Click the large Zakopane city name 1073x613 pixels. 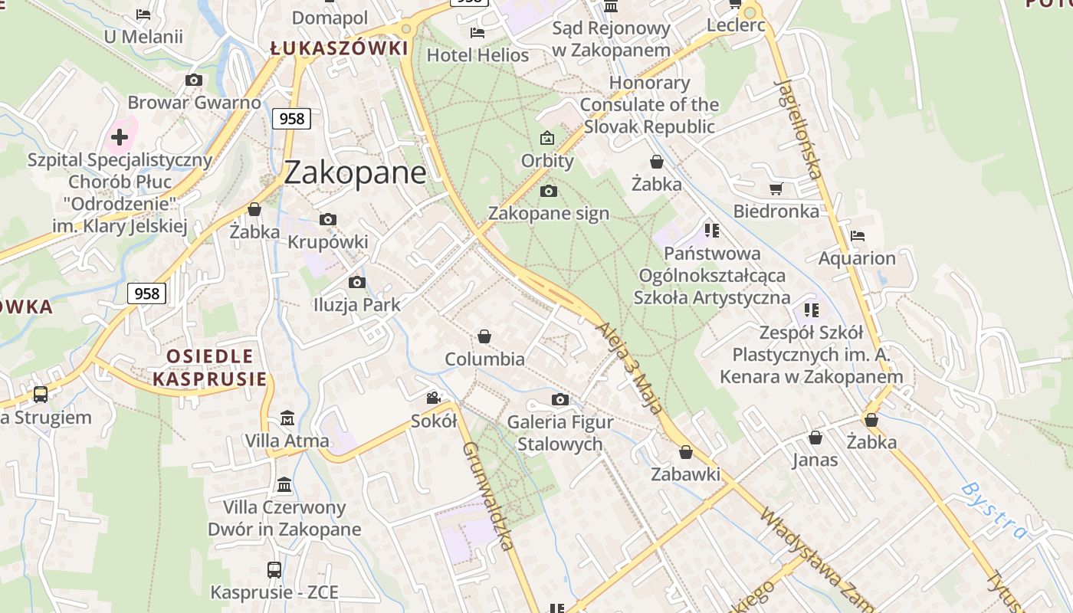tap(355, 172)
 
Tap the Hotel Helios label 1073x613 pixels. tap(477, 55)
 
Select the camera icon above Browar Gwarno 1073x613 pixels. tap(194, 80)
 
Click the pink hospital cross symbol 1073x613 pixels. tap(120, 137)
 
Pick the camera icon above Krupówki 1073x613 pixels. tap(328, 220)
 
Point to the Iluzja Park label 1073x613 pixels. tap(357, 304)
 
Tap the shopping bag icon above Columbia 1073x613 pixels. tap(484, 336)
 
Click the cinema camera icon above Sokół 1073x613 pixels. tap(434, 398)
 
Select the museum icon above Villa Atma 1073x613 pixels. tap(287, 418)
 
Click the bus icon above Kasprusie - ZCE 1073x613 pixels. tap(274, 570)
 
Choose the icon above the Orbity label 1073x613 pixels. tap(547, 139)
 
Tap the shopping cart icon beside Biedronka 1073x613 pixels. tap(776, 188)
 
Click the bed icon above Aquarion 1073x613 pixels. tap(857, 236)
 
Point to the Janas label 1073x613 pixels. tap(815, 460)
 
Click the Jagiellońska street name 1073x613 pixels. tap(799, 128)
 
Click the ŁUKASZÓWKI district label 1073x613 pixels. tap(339, 48)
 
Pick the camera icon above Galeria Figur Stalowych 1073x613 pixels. tap(560, 399)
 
